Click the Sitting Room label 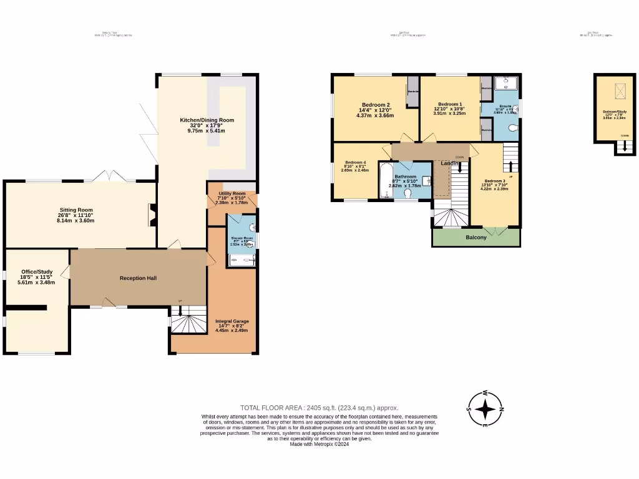pos(76,210)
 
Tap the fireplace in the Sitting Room pos(150,216)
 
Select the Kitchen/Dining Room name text pos(207,120)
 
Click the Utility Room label pos(232,194)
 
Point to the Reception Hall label pos(138,278)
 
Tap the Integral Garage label pos(232,321)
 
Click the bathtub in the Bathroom pos(385,181)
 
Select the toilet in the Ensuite pos(512,128)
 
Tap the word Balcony pos(476,237)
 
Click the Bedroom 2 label pos(376,105)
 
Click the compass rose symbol pos(485,409)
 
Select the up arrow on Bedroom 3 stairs pos(510,166)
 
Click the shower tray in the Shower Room pos(241,259)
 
